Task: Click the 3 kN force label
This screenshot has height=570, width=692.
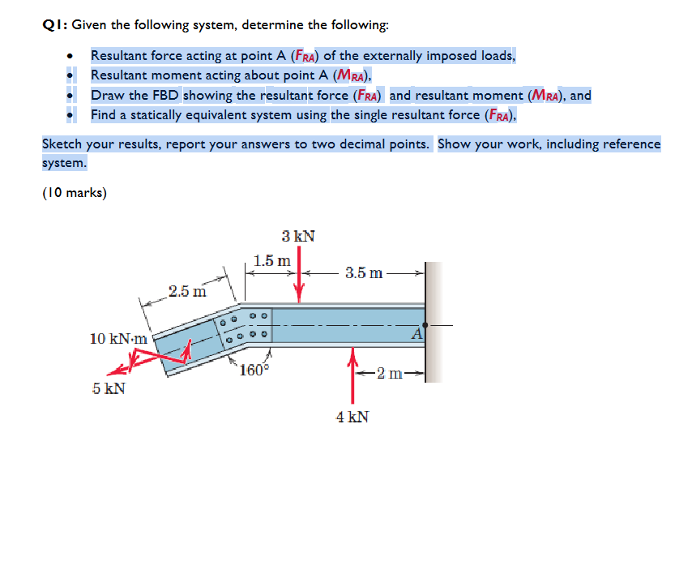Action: (298, 237)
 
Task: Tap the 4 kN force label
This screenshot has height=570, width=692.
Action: (352, 417)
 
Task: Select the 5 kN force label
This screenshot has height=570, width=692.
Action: (108, 388)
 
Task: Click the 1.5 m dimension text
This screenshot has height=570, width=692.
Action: (271, 261)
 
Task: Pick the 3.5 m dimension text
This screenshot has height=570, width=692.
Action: (364, 272)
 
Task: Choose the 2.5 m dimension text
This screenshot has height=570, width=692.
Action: (187, 290)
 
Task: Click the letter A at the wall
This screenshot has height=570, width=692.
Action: (417, 332)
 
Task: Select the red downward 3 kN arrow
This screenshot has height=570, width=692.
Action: (300, 276)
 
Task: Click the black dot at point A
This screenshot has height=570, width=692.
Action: (425, 325)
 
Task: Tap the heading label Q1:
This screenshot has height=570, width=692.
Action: (54, 25)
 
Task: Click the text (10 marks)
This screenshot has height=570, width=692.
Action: (75, 193)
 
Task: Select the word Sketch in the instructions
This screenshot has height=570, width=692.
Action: (62, 144)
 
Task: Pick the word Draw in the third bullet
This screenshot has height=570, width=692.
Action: (105, 95)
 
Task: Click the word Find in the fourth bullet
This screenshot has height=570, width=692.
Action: (103, 115)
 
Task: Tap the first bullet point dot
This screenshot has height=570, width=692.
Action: (72, 56)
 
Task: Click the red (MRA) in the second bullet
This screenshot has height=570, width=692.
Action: (352, 76)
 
